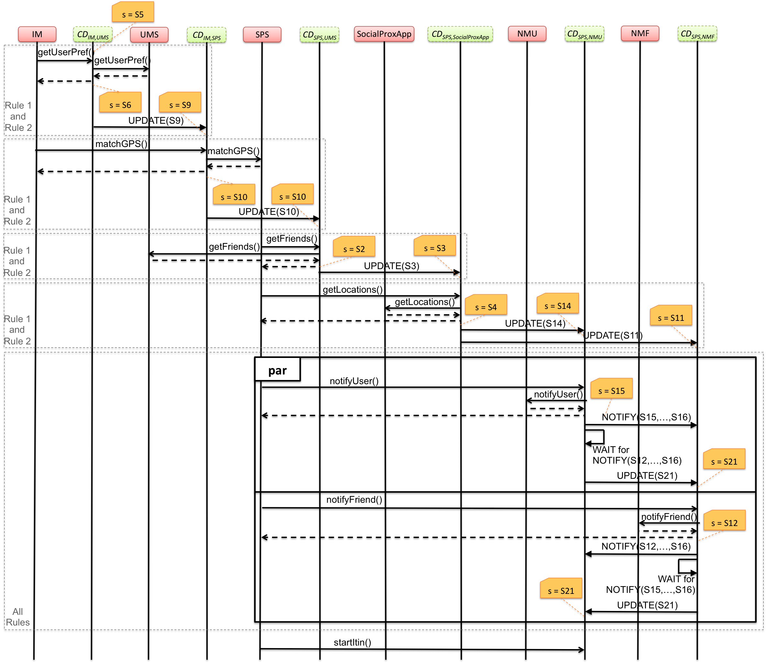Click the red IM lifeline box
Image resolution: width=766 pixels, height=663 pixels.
coord(37,34)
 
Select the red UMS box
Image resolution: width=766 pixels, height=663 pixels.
coord(149,34)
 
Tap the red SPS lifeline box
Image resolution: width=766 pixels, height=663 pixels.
coord(262,34)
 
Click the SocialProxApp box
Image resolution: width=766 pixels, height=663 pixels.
coord(384,34)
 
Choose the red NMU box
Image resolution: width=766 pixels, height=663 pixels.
coord(527,34)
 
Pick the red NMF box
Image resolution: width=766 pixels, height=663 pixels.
coord(640,33)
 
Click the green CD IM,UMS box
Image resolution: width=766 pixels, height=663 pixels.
coord(93,34)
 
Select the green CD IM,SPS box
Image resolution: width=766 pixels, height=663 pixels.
coord(206,35)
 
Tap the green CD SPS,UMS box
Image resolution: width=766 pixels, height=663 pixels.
coord(319,34)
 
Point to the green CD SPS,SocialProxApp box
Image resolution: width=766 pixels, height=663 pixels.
coord(460,34)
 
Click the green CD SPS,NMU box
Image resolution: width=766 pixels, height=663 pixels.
coord(584,34)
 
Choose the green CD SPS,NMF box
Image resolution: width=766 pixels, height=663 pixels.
coord(697,34)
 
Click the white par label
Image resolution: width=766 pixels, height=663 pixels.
coord(278,369)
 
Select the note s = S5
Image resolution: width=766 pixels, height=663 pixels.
coord(133,13)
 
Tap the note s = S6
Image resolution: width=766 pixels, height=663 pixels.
coord(120,102)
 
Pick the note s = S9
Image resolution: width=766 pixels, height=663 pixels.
coord(180,102)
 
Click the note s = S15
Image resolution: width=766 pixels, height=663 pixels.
coord(611,388)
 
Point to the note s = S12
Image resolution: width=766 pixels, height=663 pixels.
coord(724,521)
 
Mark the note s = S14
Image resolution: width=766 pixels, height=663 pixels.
coord(557,304)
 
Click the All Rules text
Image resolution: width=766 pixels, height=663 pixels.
coord(17,617)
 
